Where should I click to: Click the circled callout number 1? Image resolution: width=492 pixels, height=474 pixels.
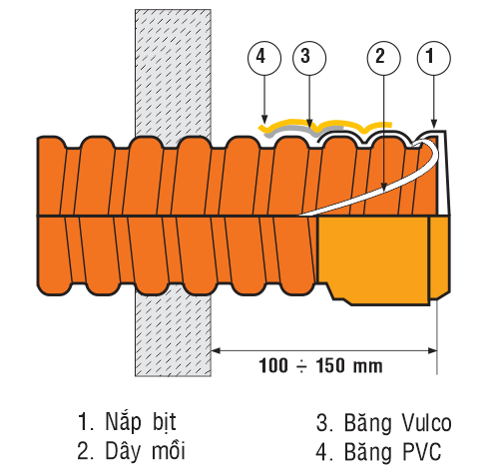click(434, 58)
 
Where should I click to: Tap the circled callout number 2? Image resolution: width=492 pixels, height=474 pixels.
click(384, 58)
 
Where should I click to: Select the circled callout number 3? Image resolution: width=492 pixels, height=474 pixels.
click(309, 58)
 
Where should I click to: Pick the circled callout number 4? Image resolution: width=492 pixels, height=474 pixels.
click(264, 58)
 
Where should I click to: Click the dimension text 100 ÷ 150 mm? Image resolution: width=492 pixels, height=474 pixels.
click(320, 365)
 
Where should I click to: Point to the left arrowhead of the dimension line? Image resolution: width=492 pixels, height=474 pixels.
click(216, 350)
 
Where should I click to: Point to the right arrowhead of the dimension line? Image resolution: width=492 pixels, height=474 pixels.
click(432, 350)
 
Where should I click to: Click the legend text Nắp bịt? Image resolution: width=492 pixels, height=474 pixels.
click(141, 422)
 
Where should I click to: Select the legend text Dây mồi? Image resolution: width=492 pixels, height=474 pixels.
click(145, 451)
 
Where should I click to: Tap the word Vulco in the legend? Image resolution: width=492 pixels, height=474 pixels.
click(426, 423)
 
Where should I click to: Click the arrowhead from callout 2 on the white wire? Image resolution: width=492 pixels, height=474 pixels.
click(384, 188)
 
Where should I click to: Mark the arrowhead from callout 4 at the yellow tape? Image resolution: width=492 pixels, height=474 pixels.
click(264, 119)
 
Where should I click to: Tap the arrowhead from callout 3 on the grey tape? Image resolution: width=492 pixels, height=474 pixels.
click(309, 124)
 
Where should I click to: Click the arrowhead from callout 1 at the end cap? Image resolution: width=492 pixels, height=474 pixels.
click(434, 123)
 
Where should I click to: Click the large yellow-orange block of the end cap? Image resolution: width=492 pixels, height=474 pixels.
click(373, 257)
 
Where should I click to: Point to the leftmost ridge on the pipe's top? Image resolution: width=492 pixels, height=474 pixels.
click(51, 142)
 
